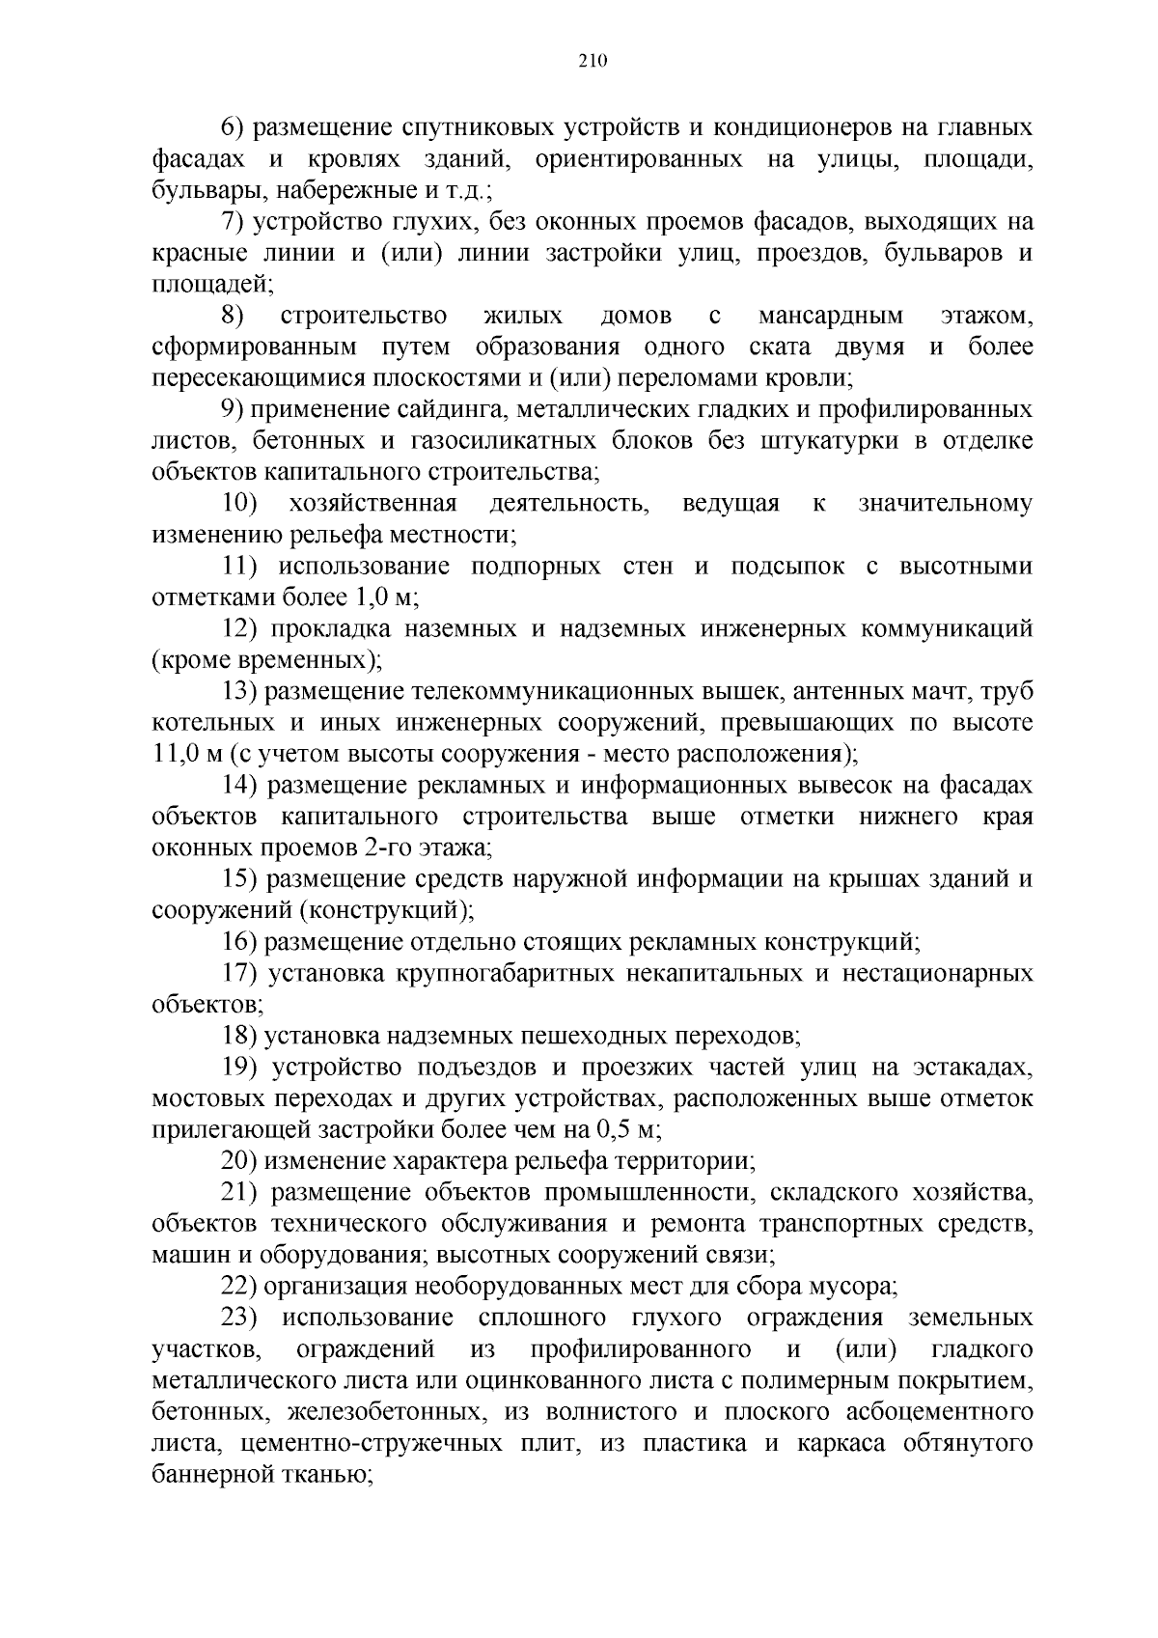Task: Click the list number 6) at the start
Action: (x=234, y=128)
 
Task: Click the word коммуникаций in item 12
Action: (x=941, y=628)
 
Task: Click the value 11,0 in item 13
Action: (x=173, y=754)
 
